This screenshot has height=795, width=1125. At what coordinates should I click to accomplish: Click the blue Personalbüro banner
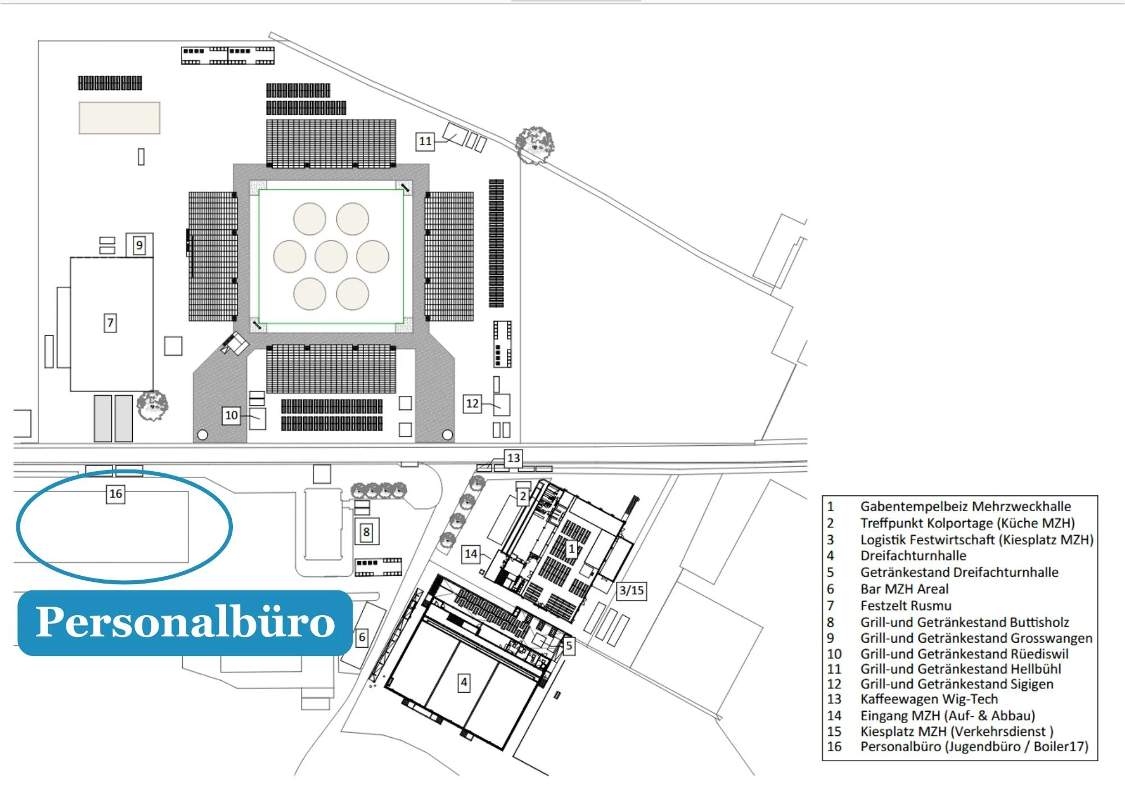pos(185,622)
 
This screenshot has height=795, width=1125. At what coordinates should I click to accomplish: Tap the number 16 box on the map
pos(115,494)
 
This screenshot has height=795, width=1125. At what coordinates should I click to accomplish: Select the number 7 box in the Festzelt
pos(110,323)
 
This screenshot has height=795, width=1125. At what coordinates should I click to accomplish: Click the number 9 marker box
pos(139,245)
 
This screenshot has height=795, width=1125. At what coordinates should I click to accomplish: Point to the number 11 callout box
pos(425,141)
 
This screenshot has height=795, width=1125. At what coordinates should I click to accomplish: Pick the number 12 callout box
pos(472,403)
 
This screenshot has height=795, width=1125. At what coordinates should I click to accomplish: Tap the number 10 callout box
pos(231,415)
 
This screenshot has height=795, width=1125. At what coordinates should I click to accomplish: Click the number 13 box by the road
pos(513,458)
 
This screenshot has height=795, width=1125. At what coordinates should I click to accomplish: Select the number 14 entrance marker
pos(471,554)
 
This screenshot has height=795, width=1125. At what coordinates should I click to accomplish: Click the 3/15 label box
pos(631,590)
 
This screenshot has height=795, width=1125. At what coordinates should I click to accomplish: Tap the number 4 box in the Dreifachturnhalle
pos(463,683)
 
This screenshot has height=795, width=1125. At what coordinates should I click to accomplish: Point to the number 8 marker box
pos(366,532)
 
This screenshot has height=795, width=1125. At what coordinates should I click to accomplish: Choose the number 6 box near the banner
pos(362,637)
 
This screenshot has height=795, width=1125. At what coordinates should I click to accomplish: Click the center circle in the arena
pos(331,256)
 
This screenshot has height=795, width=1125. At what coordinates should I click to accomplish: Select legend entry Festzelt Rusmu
pos(906,606)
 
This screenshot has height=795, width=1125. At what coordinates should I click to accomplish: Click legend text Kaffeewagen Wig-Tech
pos(929,699)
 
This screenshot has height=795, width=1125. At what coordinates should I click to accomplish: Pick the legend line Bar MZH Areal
pos(904,589)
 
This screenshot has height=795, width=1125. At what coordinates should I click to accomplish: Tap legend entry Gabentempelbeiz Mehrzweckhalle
pos(965,506)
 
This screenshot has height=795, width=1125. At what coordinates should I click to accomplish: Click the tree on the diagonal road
pos(534,143)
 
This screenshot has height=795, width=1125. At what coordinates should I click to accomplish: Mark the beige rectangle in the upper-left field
pos(119,118)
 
